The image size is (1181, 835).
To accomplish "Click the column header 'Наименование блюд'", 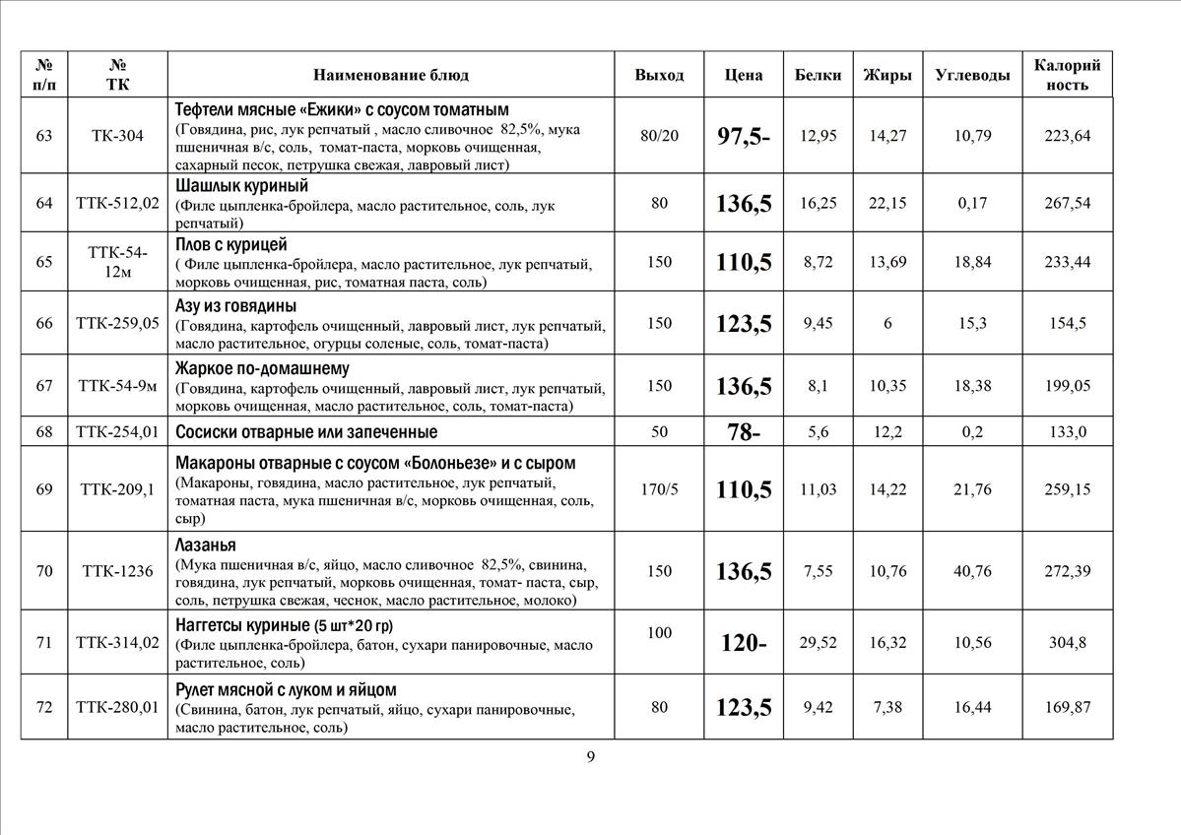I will pos(391,75).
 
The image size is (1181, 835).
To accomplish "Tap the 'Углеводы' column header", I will pos(972,75).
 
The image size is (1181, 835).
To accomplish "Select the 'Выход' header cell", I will pos(659,75).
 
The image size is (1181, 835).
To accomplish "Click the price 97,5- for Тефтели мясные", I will pos(744,137).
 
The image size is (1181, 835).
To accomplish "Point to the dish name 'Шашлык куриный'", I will pos(241,185).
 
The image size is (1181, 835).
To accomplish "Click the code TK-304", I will pos(117,136).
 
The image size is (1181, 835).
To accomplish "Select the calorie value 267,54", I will pos(1068,203).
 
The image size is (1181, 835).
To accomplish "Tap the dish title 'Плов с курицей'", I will pos(231,244).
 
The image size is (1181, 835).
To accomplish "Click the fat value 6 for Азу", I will pos(887,323).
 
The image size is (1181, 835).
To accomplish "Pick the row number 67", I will pos(44,385).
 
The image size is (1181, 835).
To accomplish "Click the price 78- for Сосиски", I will pos(744,432).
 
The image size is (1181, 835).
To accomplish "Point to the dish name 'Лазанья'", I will pos(206,545).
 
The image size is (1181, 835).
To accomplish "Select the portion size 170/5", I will pos(659,488).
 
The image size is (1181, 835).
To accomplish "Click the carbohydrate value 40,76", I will pos(972,571).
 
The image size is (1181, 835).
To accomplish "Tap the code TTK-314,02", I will pos(117,643).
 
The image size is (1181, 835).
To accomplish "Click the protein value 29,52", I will pos(818,643).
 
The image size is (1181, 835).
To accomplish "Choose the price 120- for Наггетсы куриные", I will pos(744,644).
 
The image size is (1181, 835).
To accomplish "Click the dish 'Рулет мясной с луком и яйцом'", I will pos(286,689).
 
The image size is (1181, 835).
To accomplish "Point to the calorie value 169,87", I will pos(1068,706).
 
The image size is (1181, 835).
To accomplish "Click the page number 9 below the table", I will pos(590,756).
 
